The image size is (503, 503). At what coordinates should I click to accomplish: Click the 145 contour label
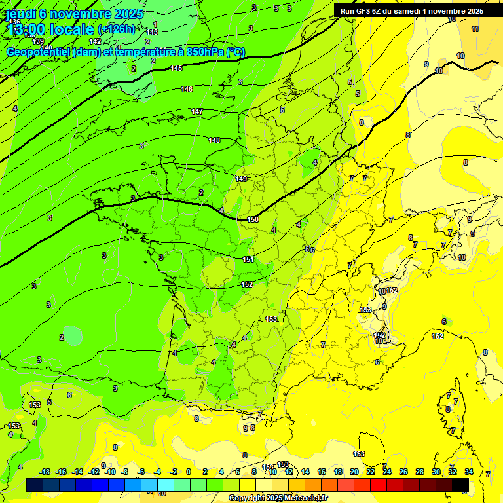pyautogui.click(x=176, y=68)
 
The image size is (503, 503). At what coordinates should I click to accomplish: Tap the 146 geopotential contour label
pyautogui.click(x=187, y=89)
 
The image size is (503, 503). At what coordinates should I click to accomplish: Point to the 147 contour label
pyautogui.click(x=197, y=112)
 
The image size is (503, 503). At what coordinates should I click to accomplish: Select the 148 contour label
pyautogui.click(x=214, y=141)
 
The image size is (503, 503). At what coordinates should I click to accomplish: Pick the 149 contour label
pyautogui.click(x=241, y=179)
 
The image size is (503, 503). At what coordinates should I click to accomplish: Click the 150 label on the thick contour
pyautogui.click(x=253, y=219)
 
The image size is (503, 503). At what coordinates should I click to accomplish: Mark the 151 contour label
pyautogui.click(x=248, y=259)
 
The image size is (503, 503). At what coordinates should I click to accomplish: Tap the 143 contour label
pyautogui.click(x=152, y=32)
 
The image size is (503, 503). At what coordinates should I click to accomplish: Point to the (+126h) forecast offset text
pyautogui.click(x=117, y=29)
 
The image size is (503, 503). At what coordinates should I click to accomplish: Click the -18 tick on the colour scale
pyautogui.click(x=45, y=472)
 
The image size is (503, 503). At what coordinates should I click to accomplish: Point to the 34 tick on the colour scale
pyautogui.click(x=469, y=472)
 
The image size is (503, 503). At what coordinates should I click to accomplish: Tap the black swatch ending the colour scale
pyautogui.click(x=460, y=485)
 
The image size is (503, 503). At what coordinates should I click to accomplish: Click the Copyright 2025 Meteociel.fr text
pyautogui.click(x=278, y=498)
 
